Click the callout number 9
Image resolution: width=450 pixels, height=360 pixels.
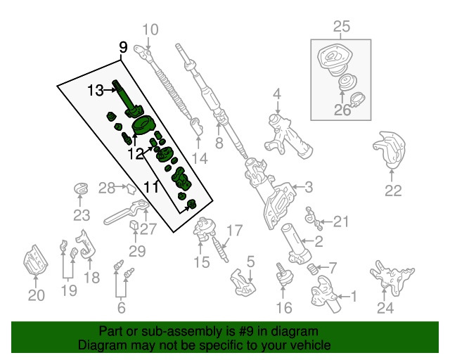pyautogui.click(x=123, y=48)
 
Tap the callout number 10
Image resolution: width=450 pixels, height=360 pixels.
pyautogui.click(x=151, y=30)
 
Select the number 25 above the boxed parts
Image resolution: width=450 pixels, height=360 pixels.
pyautogui.click(x=341, y=27)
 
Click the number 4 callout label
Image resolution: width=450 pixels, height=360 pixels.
pyautogui.click(x=277, y=94)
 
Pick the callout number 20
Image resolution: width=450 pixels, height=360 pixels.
pyautogui.click(x=35, y=295)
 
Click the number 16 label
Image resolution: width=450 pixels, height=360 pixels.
pyautogui.click(x=284, y=307)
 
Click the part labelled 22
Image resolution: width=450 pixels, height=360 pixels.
pyautogui.click(x=390, y=150)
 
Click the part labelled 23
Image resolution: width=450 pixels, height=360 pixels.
pyautogui.click(x=82, y=189)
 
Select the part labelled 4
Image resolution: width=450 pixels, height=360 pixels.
pyautogui.click(x=285, y=134)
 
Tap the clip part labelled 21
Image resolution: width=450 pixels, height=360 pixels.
pyautogui.click(x=314, y=219)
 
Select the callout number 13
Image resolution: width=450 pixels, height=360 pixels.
pyautogui.click(x=96, y=89)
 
